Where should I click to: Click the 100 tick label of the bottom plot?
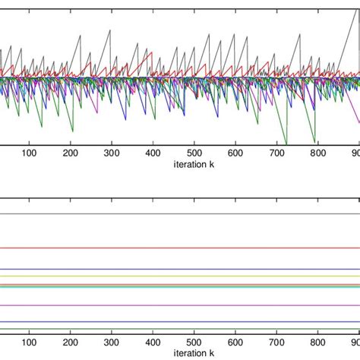(29, 343)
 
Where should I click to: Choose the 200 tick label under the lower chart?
(71, 343)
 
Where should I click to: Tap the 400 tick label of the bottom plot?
(153, 343)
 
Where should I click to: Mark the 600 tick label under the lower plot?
(235, 343)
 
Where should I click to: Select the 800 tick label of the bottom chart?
(318, 343)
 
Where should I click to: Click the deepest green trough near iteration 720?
(286, 143)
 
